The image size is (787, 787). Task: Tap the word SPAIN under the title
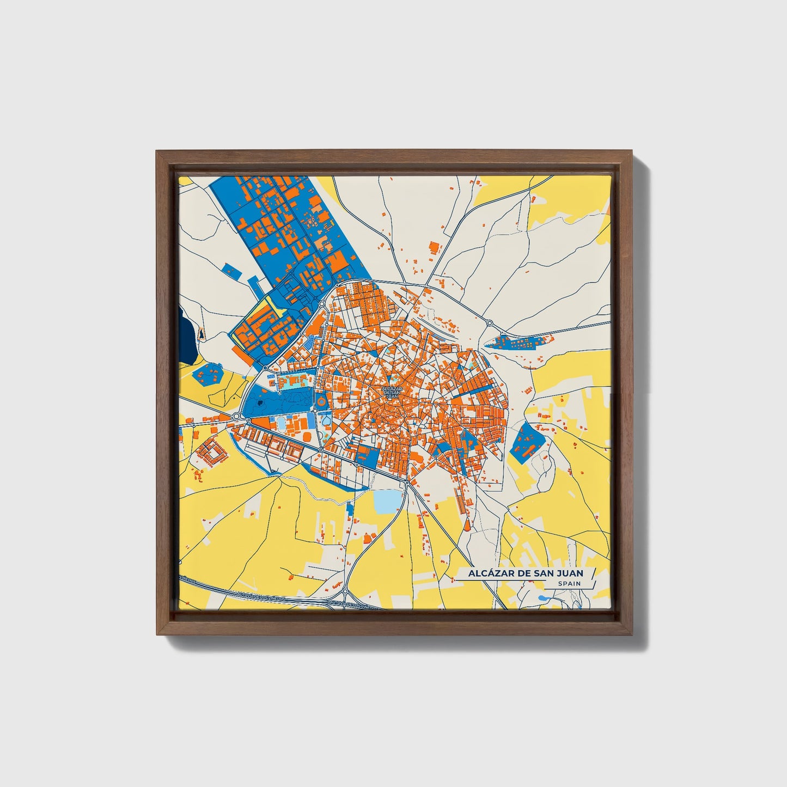click(569, 583)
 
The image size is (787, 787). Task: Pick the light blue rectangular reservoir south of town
click(388, 502)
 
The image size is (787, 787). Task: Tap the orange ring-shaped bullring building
click(321, 402)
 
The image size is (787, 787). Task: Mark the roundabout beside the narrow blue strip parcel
click(489, 323)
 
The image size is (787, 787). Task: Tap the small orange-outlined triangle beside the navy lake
click(201, 334)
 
